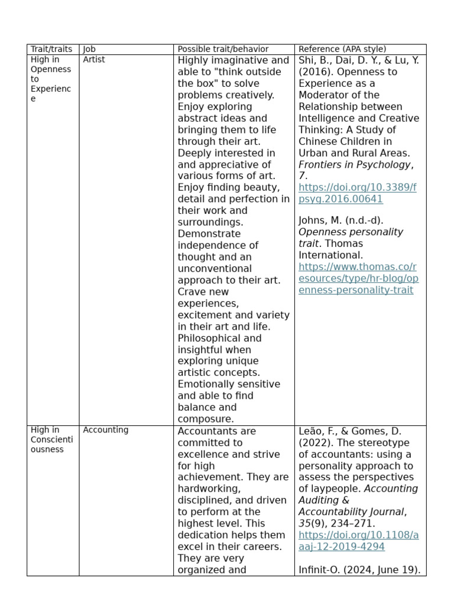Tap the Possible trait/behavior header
223,49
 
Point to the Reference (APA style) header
342,49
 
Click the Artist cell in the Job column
94,60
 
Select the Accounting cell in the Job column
105,430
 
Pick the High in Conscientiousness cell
51,440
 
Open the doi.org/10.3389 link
357,193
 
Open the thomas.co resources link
358,278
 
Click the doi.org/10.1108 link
358,541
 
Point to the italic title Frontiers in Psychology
354,164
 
